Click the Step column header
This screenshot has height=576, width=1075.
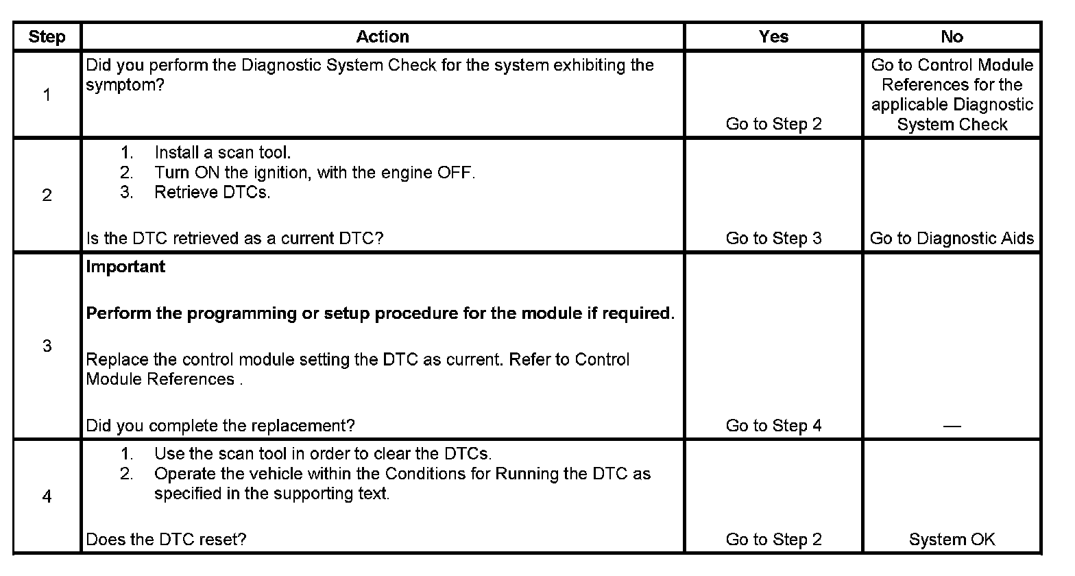click(x=47, y=37)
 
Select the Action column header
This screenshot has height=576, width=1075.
click(x=383, y=37)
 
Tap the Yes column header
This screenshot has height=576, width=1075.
click(x=773, y=37)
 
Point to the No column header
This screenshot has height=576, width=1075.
click(x=952, y=37)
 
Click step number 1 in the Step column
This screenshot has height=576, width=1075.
click(x=47, y=95)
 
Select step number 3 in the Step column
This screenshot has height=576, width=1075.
click(x=47, y=346)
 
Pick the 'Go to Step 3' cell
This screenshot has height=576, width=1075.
click(x=773, y=239)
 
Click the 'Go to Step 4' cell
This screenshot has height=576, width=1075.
click(x=773, y=426)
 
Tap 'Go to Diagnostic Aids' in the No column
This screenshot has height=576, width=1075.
click(x=952, y=239)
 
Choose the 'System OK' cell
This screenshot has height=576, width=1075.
click(x=952, y=540)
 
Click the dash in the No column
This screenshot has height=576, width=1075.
click(x=952, y=427)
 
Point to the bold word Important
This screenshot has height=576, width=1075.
click(x=125, y=267)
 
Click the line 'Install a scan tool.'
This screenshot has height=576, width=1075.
click(x=222, y=153)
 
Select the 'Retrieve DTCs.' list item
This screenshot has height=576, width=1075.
click(x=212, y=193)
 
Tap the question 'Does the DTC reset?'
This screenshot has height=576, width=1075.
click(x=166, y=540)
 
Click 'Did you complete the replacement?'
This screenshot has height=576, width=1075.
click(x=220, y=426)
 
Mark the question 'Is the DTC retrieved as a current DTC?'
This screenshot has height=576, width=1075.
click(x=234, y=239)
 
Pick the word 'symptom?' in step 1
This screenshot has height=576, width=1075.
click(x=125, y=86)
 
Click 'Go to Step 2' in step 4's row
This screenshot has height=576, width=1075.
click(x=773, y=540)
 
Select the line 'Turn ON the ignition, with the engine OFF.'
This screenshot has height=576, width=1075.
click(x=314, y=173)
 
